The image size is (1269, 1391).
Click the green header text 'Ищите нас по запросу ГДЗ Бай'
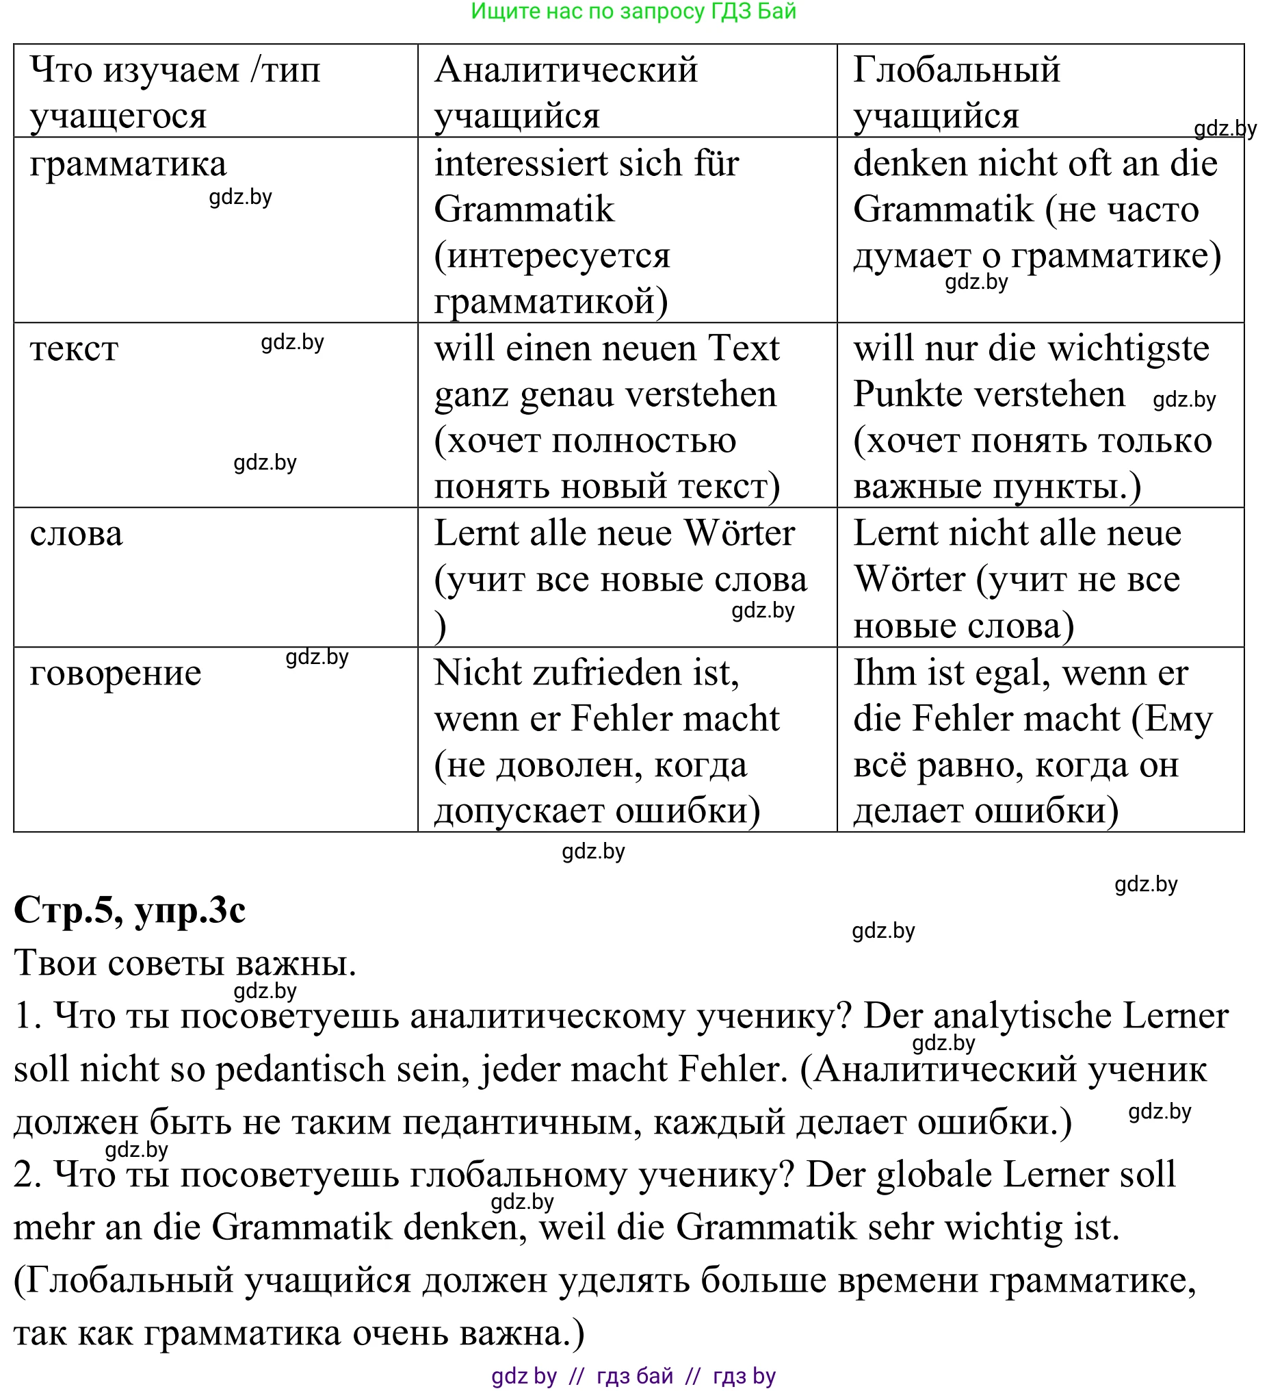coord(633,12)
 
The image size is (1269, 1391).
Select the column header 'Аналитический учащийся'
coord(566,92)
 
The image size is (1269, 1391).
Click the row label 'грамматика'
coord(129,164)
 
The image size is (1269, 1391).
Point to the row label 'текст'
coord(75,349)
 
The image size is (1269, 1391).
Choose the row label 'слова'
coord(77,534)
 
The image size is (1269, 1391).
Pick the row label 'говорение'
coord(116,674)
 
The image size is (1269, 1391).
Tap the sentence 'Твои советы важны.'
coord(185,963)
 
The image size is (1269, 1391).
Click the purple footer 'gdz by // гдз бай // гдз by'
coord(633,1377)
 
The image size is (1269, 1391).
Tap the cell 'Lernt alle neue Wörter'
coord(614,534)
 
